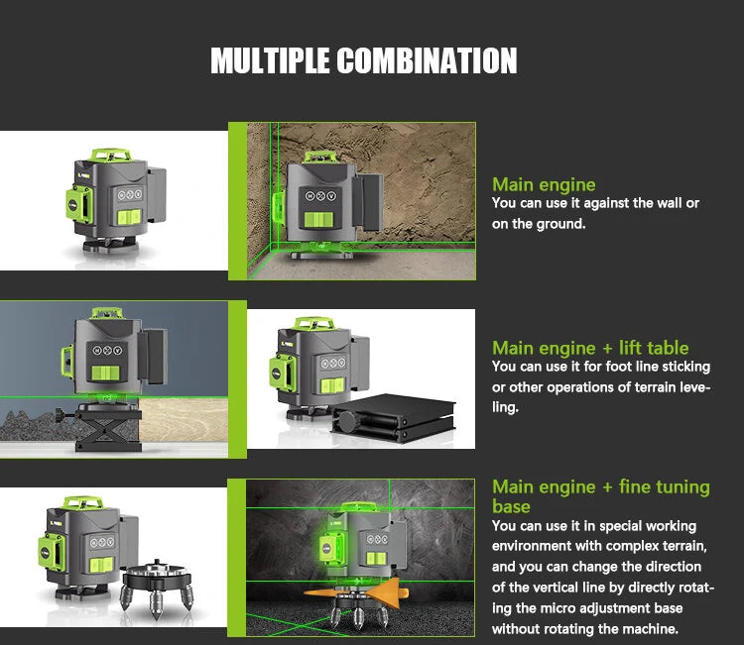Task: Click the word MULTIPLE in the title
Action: point(270,60)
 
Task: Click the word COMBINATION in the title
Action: point(427,60)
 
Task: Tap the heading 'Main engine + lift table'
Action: point(590,348)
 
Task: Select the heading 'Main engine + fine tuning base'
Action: point(601,496)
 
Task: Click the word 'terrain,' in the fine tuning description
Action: point(684,546)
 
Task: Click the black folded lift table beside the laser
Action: point(395,417)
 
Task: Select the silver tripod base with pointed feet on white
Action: point(157,586)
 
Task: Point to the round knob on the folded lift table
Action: point(347,422)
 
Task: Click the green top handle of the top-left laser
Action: point(111,155)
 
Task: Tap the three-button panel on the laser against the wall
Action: point(320,196)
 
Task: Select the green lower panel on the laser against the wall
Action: point(318,220)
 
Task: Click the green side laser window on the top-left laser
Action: point(78,205)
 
